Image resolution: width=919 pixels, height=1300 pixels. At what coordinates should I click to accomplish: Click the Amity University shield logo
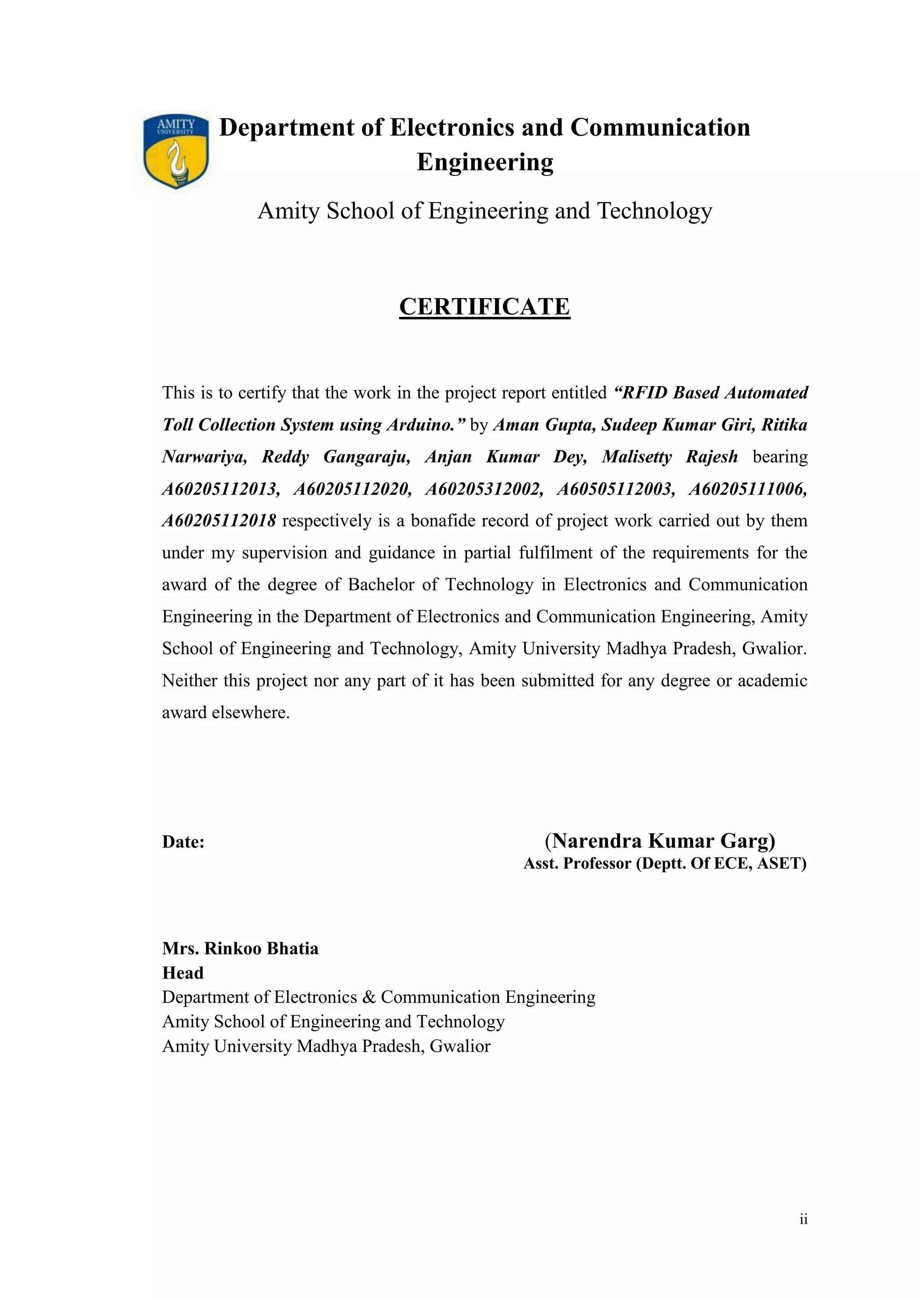tap(176, 152)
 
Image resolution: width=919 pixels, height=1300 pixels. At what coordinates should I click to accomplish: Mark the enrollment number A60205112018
tap(219, 520)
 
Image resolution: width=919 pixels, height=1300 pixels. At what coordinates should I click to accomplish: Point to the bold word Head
tap(183, 973)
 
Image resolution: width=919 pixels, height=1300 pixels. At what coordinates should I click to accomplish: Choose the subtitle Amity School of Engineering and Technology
tap(484, 211)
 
